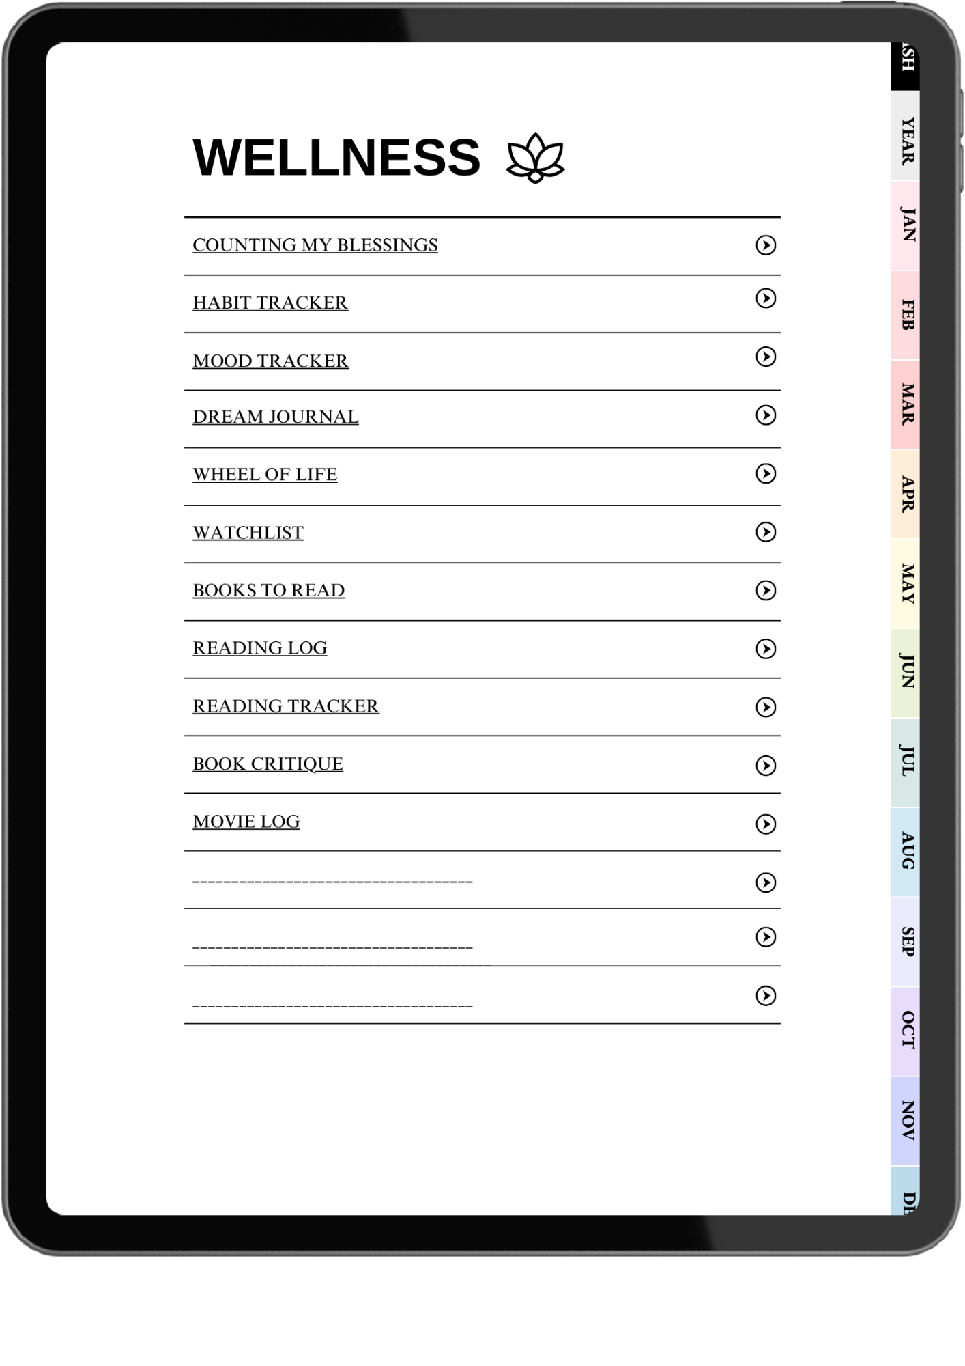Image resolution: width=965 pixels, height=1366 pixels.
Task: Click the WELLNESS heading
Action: pyautogui.click(x=336, y=158)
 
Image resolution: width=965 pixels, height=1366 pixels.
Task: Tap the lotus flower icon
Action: pyautogui.click(x=535, y=158)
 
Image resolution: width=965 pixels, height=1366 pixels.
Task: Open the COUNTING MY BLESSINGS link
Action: pyautogui.click(x=315, y=245)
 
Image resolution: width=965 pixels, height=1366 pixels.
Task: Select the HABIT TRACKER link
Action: pyautogui.click(x=270, y=303)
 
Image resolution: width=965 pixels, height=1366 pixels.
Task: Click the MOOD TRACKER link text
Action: pyautogui.click(x=270, y=361)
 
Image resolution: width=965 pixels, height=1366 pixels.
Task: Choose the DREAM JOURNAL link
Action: pyautogui.click(x=275, y=417)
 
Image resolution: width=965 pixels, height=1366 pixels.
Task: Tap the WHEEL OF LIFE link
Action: pyautogui.click(x=265, y=474)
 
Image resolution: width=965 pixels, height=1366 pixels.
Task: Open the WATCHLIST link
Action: pyautogui.click(x=248, y=533)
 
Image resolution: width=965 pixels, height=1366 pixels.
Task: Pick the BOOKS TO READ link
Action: pyautogui.click(x=268, y=590)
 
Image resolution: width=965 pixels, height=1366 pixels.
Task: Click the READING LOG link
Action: pyautogui.click(x=259, y=647)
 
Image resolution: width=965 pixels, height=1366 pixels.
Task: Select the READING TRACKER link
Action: pyautogui.click(x=285, y=706)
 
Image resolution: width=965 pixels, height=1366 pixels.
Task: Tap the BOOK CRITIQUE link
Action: pyautogui.click(x=268, y=764)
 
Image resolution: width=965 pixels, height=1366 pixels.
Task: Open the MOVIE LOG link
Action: pyautogui.click(x=246, y=822)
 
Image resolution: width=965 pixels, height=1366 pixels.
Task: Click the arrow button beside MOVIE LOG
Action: pyautogui.click(x=766, y=824)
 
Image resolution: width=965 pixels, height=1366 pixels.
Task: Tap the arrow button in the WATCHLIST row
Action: pyautogui.click(x=766, y=532)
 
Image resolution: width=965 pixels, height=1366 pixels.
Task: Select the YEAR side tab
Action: pyautogui.click(x=906, y=140)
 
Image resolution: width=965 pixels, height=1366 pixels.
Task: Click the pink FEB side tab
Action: pyautogui.click(x=906, y=315)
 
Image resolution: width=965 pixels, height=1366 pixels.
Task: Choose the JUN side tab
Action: pyautogui.click(x=906, y=672)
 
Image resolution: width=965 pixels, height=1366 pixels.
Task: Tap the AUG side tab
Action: pyautogui.click(x=906, y=851)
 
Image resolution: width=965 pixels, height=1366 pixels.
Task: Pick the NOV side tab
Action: pyautogui.click(x=906, y=1120)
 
